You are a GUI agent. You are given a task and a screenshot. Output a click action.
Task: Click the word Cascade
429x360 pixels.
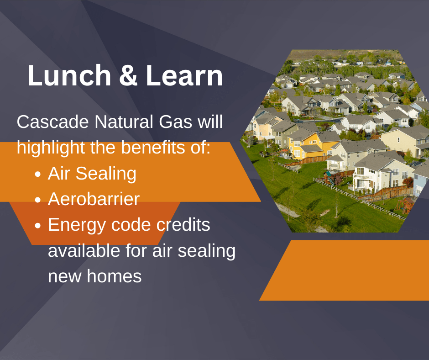[53, 122]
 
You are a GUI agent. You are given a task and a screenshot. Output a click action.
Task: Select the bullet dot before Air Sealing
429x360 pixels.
[38, 175]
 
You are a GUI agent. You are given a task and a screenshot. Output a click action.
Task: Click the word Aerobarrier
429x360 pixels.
[94, 199]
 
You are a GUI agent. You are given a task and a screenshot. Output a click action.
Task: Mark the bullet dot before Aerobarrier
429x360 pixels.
[38, 200]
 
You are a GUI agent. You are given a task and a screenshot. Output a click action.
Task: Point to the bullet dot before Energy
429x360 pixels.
[38, 226]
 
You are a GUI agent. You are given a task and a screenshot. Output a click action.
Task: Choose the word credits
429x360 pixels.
[183, 225]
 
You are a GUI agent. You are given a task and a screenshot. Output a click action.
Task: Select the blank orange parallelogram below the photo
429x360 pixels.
[344, 270]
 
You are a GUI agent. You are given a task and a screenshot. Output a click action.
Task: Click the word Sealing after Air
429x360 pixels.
[106, 174]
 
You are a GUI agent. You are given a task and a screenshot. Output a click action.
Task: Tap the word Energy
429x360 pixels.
[77, 225]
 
